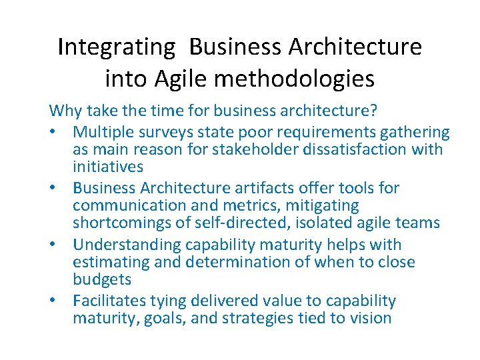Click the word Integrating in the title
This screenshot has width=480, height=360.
tap(116, 47)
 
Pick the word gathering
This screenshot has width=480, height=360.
tap(414, 133)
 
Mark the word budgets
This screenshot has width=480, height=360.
tap(102, 279)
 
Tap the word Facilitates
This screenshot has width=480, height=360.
tap(115, 301)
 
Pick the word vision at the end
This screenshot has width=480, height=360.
tap(368, 318)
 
